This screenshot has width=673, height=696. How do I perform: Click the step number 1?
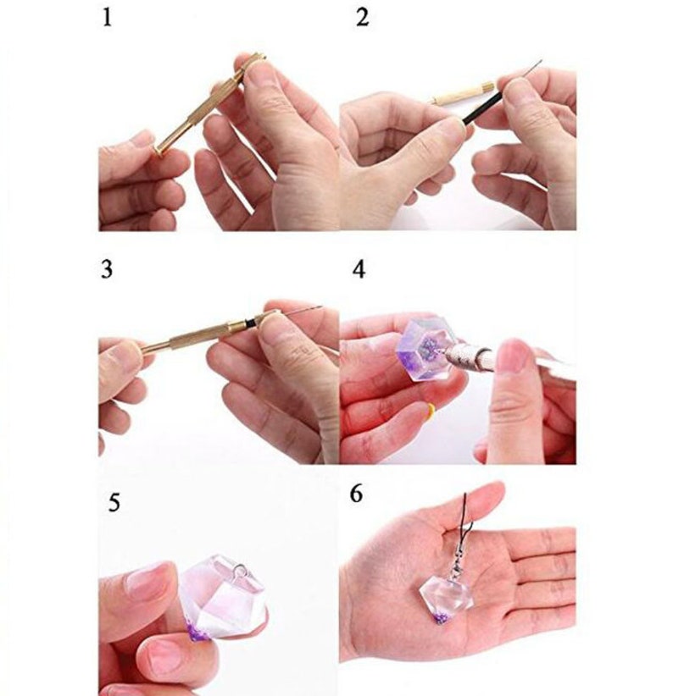(x=107, y=18)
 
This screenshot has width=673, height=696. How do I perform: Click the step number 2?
(x=362, y=18)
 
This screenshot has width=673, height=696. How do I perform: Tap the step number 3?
(x=107, y=269)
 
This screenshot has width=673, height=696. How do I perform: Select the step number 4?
(x=359, y=269)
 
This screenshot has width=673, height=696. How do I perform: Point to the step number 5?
(x=114, y=503)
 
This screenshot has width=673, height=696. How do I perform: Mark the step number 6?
(x=356, y=494)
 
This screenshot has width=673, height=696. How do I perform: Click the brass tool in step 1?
(x=209, y=104)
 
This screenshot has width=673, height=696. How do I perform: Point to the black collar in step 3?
(x=251, y=321)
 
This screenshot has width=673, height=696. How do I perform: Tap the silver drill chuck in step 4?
(x=466, y=356)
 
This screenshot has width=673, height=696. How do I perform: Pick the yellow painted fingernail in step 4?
(x=431, y=411)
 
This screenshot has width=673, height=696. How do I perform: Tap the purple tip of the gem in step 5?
(x=196, y=629)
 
